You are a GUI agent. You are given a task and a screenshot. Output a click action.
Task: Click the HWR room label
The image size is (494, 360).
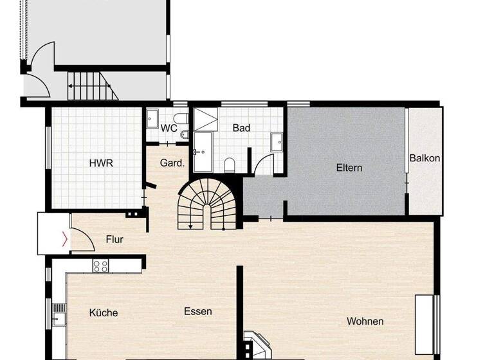point(101,163)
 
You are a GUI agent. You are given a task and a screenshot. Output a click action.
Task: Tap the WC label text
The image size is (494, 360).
point(169,128)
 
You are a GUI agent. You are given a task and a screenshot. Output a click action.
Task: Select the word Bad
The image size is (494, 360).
point(241,128)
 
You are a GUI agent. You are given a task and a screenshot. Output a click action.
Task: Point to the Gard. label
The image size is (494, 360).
point(172,163)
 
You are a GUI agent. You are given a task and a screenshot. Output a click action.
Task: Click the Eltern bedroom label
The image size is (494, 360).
point(349,168)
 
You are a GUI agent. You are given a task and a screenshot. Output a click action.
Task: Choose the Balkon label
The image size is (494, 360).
point(425,158)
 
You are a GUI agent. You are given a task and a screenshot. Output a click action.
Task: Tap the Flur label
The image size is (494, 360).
point(114,240)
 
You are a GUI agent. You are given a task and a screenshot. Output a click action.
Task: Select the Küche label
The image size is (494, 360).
point(104,313)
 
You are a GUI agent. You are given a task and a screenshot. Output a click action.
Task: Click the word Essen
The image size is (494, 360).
point(198,312)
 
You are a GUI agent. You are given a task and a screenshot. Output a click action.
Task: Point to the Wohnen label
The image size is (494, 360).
point(365,321)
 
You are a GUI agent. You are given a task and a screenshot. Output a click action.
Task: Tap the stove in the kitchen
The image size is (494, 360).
point(100,265)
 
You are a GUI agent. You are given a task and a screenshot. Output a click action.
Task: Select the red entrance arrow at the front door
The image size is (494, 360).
point(63,240)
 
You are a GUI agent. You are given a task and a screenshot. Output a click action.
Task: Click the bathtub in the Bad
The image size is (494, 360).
point(203,153)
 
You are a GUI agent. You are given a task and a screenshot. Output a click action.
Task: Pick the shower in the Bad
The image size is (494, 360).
point(206,119)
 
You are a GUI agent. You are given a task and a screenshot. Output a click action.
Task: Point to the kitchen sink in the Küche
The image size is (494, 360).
point(59,314)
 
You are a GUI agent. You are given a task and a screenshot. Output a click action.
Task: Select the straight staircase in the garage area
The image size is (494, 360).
point(93,84)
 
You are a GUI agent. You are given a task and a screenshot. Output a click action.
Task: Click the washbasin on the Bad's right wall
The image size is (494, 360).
point(277,141)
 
